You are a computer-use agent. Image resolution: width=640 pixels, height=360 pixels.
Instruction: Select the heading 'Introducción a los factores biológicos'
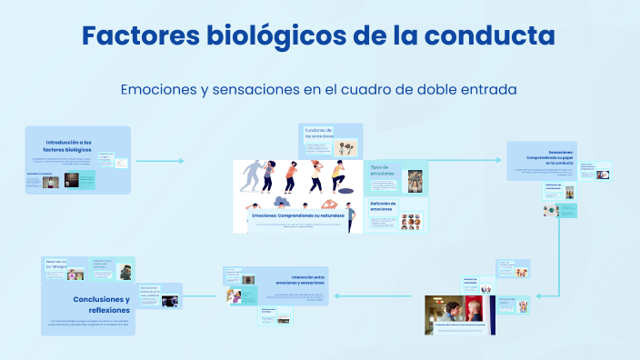pos(68,145)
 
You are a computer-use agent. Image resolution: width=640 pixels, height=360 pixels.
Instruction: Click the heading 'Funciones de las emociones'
pos(318,133)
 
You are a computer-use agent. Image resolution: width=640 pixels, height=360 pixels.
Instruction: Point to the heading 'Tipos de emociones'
pos(382,171)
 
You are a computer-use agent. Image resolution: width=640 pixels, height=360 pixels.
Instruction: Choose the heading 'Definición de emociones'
pos(382,206)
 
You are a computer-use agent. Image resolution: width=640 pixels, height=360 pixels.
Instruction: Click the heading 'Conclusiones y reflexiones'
pos(102,304)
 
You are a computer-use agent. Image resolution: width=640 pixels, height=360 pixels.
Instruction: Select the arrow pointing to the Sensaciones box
pos(473,160)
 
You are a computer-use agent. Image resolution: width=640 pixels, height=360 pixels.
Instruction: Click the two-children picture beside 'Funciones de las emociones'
pos(345,148)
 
